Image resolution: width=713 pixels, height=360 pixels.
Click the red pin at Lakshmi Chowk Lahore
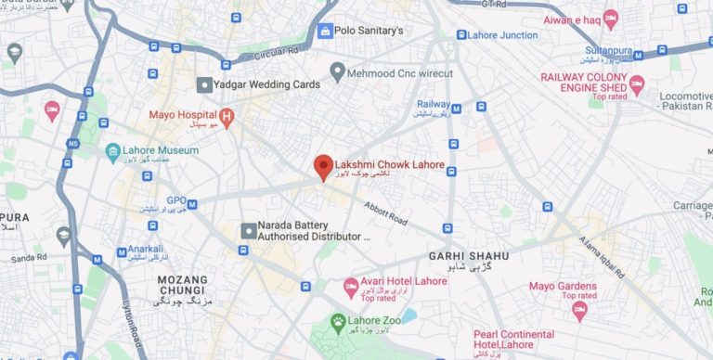[323, 165]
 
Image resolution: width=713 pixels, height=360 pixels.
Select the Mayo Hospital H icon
[226, 116]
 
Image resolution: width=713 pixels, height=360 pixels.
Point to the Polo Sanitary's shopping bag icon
[324, 31]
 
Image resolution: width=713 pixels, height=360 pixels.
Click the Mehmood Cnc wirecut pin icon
[338, 71]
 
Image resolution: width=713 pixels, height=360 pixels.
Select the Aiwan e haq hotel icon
[610, 19]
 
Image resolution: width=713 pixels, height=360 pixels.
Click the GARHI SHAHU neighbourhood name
[469, 255]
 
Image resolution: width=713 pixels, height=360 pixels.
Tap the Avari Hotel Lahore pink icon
[351, 285]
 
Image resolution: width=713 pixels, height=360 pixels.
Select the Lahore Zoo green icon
[341, 323]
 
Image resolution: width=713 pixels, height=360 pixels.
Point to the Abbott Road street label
[386, 214]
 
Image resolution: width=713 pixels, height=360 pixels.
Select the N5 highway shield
[73, 144]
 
